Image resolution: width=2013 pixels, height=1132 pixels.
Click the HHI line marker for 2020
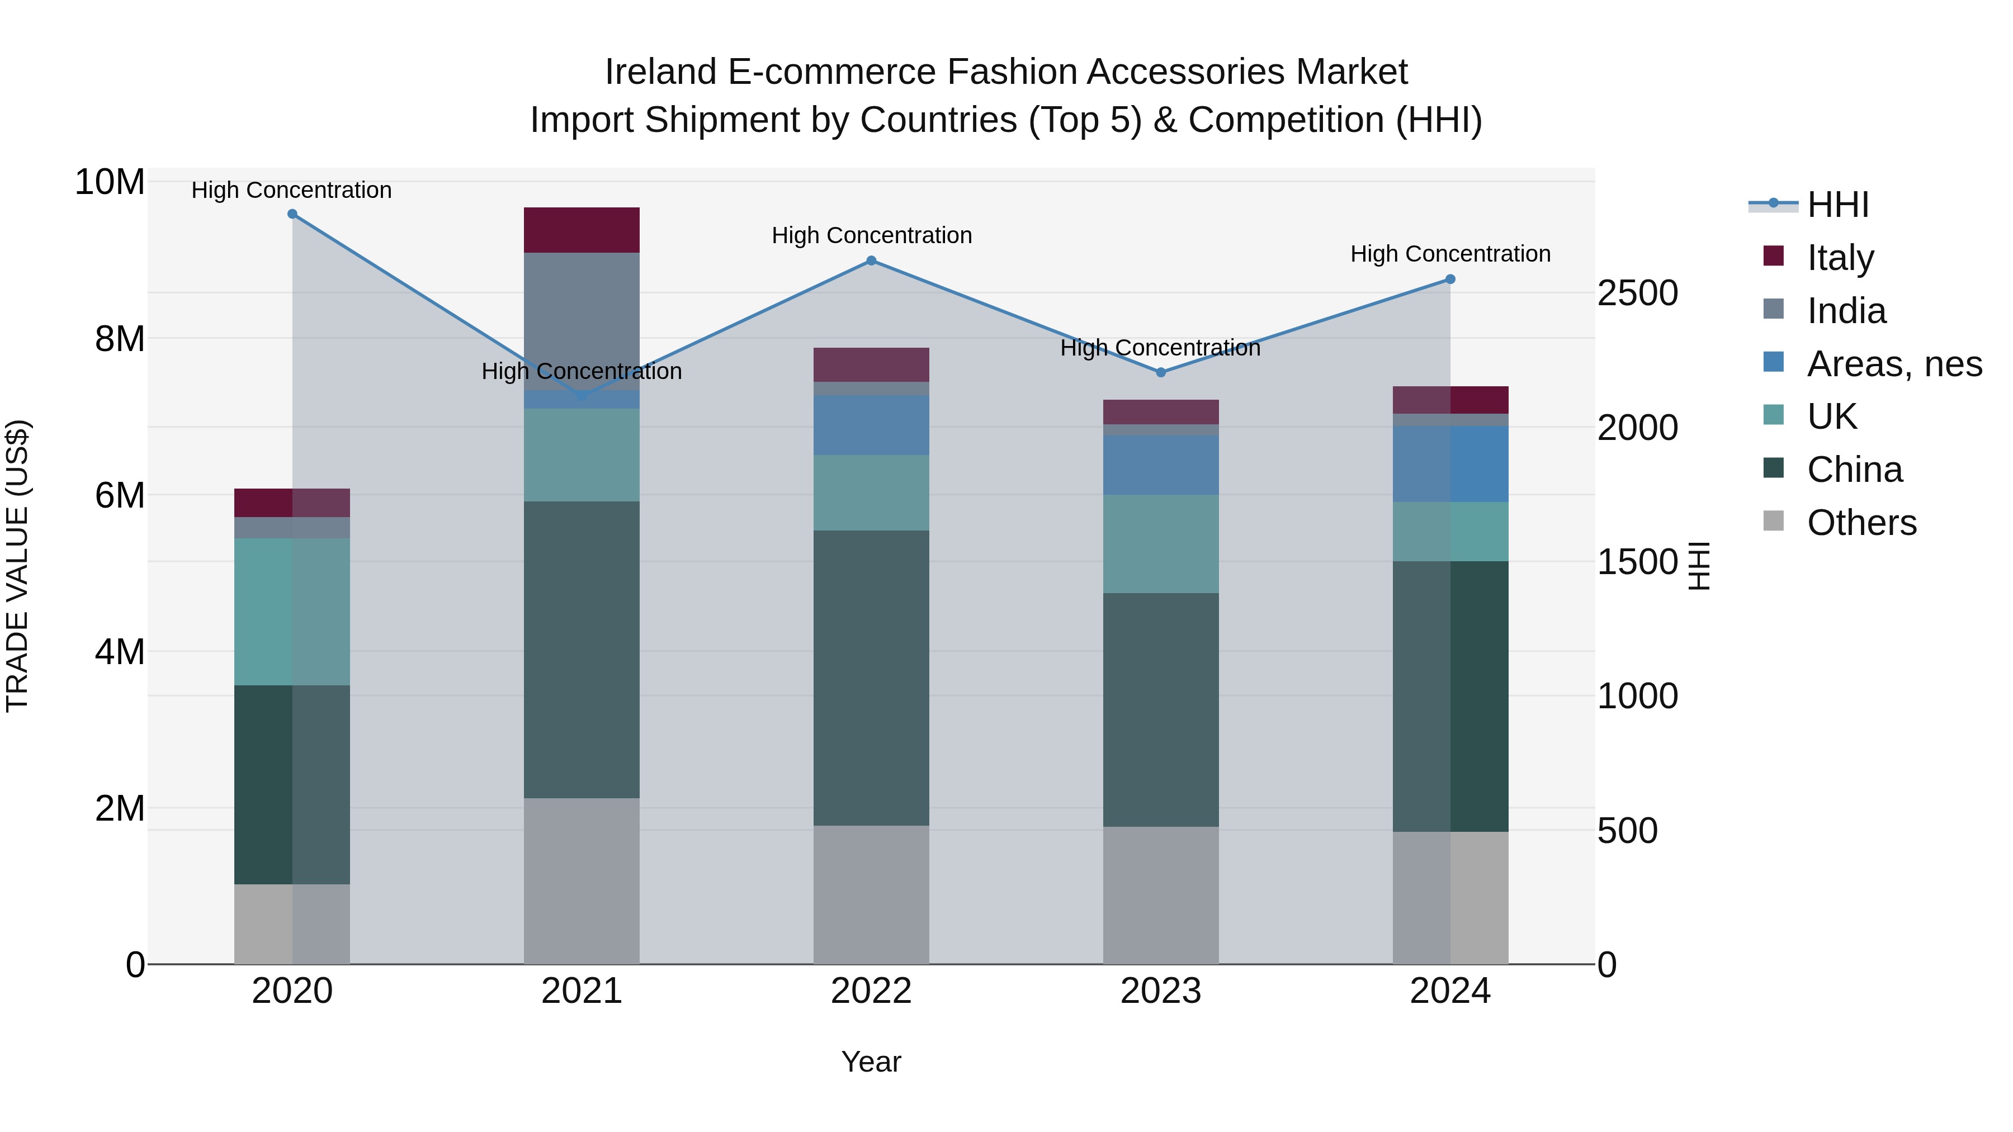(292, 214)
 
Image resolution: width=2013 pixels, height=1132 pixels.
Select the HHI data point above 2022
(871, 261)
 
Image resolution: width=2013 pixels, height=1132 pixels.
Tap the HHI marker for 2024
(1449, 279)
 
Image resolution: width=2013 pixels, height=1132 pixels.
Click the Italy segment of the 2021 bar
(582, 230)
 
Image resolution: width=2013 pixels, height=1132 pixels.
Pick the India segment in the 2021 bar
(582, 320)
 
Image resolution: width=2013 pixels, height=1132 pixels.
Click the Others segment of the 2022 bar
(871, 894)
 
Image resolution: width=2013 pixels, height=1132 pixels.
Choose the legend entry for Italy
(1840, 257)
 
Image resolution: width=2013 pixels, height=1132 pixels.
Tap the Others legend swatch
(1774, 521)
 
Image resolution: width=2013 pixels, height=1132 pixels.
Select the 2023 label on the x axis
(1160, 991)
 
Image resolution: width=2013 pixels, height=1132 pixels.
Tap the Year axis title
(871, 1061)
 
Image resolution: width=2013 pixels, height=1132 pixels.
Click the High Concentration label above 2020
(291, 190)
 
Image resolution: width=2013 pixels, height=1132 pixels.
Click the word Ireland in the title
(660, 72)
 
